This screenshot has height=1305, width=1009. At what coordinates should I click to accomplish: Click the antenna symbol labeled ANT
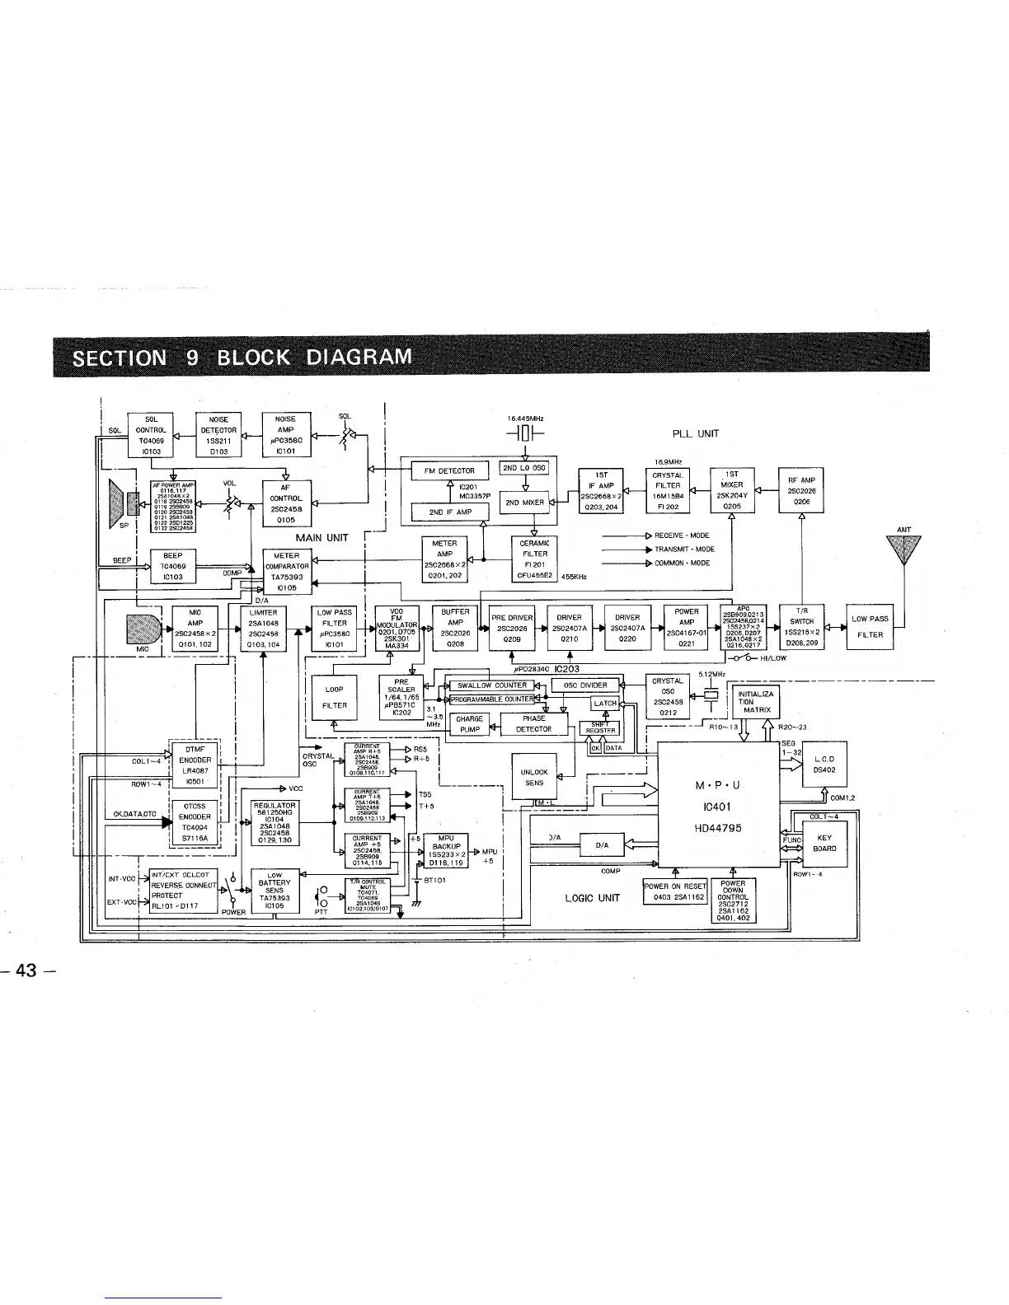click(x=903, y=550)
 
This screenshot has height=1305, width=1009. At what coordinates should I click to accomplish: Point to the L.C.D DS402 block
click(x=824, y=764)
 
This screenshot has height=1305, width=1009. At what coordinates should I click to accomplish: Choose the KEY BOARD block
click(x=824, y=843)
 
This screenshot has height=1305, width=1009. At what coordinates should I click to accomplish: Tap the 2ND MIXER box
click(x=524, y=502)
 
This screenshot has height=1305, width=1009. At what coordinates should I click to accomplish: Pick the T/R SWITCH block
click(x=801, y=627)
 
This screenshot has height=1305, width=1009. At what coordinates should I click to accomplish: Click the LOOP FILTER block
click(x=334, y=697)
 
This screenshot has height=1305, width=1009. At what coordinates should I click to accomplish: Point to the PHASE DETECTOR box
click(x=533, y=723)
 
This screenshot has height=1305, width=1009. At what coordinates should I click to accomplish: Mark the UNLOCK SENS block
click(x=534, y=777)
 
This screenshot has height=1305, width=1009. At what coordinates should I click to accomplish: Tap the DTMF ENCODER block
click(x=195, y=760)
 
